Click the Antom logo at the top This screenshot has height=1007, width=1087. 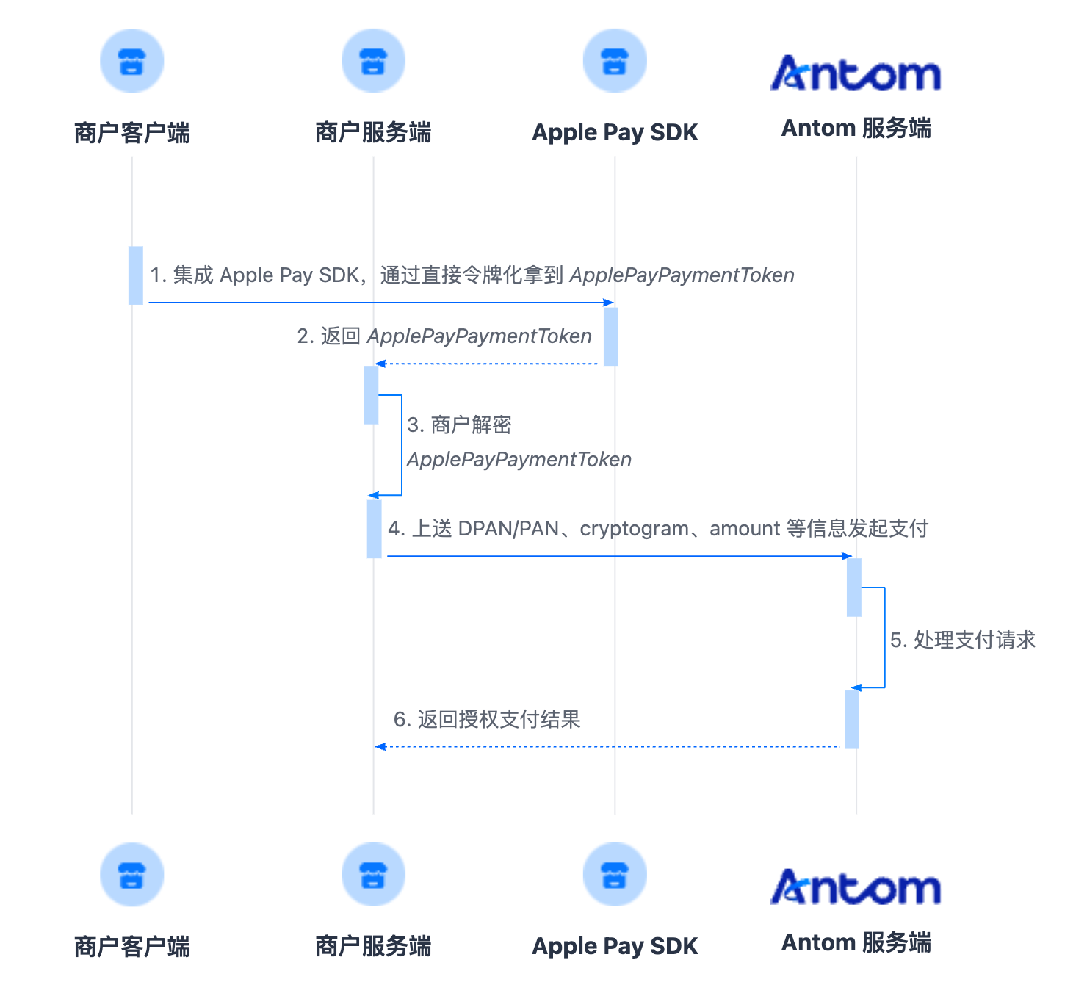856,73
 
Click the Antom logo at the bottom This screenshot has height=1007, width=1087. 856,887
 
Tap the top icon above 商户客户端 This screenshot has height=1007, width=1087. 132,61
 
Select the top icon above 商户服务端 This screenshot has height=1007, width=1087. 373,61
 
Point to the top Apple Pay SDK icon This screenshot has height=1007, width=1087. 615,61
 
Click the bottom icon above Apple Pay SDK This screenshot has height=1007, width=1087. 615,875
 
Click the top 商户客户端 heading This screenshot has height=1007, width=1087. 132,133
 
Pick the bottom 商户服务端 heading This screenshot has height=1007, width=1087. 373,946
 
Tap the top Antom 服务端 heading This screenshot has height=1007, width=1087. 856,128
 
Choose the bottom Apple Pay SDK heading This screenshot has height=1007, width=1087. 615,947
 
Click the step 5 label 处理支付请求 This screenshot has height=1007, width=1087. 975,640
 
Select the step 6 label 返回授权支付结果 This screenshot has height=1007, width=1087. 499,719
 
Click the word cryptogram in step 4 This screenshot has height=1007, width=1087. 634,529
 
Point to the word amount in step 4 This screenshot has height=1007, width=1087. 744,529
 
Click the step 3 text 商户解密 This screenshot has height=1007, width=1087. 471,425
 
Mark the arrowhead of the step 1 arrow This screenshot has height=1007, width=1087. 609,303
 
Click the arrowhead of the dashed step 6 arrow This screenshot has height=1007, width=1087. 380,746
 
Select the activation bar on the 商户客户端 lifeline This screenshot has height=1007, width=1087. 136,275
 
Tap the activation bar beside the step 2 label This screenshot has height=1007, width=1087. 611,336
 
